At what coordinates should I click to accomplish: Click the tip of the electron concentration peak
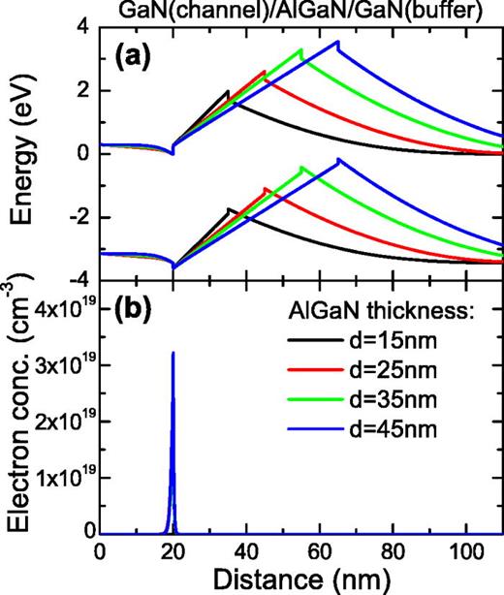pos(173,353)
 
